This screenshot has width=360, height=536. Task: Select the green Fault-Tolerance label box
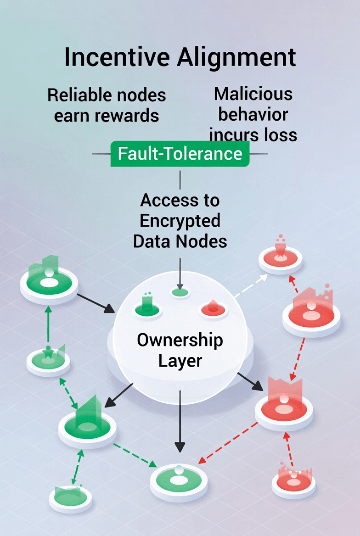pyautogui.click(x=180, y=153)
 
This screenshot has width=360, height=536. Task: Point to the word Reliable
pyautogui.click(x=78, y=95)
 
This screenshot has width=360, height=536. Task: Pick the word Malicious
pyautogui.click(x=253, y=94)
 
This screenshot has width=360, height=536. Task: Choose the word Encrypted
pyautogui.click(x=180, y=221)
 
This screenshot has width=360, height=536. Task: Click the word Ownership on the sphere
pyautogui.click(x=180, y=340)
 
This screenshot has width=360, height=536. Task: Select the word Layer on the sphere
pyautogui.click(x=180, y=361)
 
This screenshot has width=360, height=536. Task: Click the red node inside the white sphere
pyautogui.click(x=214, y=309)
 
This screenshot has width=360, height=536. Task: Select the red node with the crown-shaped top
pyautogui.click(x=284, y=404)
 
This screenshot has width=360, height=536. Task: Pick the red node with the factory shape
pyautogui.click(x=311, y=312)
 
